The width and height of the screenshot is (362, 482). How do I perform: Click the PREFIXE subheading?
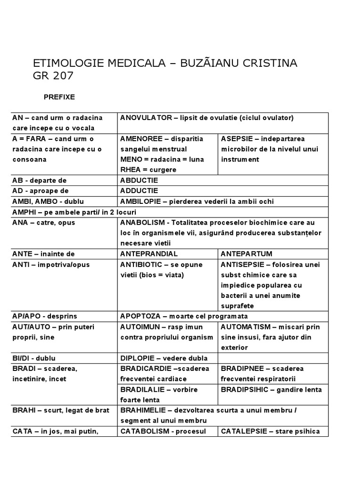59,97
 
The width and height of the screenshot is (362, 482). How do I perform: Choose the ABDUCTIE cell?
139,180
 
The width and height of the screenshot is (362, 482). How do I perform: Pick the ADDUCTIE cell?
139,191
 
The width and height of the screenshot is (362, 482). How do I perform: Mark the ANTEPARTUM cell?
246,254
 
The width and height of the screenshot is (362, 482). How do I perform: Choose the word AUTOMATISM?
245,327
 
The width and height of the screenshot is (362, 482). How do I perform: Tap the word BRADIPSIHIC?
243,389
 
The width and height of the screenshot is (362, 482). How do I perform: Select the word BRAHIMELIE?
143,410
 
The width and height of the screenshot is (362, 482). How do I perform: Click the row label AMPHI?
23,212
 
